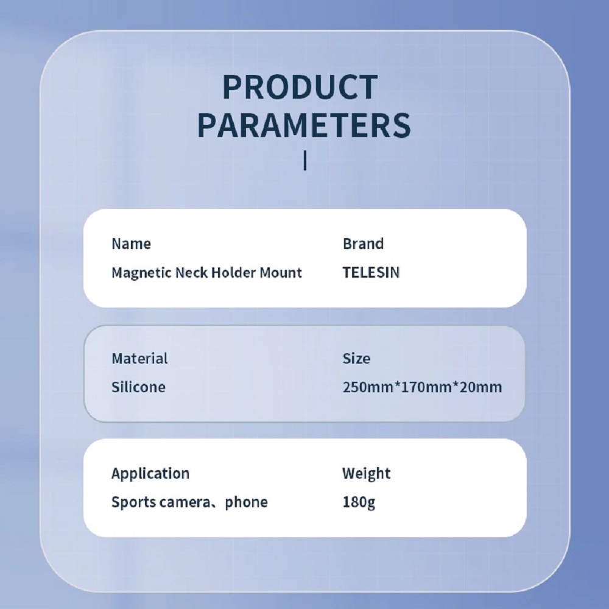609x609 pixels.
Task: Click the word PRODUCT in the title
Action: (300, 87)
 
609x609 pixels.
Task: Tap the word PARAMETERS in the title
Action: (304, 125)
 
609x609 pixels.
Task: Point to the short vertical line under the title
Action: (305, 160)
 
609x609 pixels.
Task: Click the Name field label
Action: (131, 244)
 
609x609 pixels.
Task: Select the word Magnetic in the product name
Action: (141, 273)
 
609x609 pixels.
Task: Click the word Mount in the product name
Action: (280, 273)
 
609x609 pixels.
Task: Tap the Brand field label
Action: (363, 244)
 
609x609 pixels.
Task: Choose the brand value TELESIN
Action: (371, 273)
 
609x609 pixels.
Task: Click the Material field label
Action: (139, 359)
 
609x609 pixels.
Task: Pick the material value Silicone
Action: (138, 387)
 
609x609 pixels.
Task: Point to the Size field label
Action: (356, 359)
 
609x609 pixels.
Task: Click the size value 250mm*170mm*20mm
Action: (422, 387)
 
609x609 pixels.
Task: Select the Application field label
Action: (150, 474)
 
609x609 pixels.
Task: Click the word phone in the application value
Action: (246, 502)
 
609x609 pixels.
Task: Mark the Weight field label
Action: (366, 474)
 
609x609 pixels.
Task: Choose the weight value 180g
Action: (359, 502)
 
